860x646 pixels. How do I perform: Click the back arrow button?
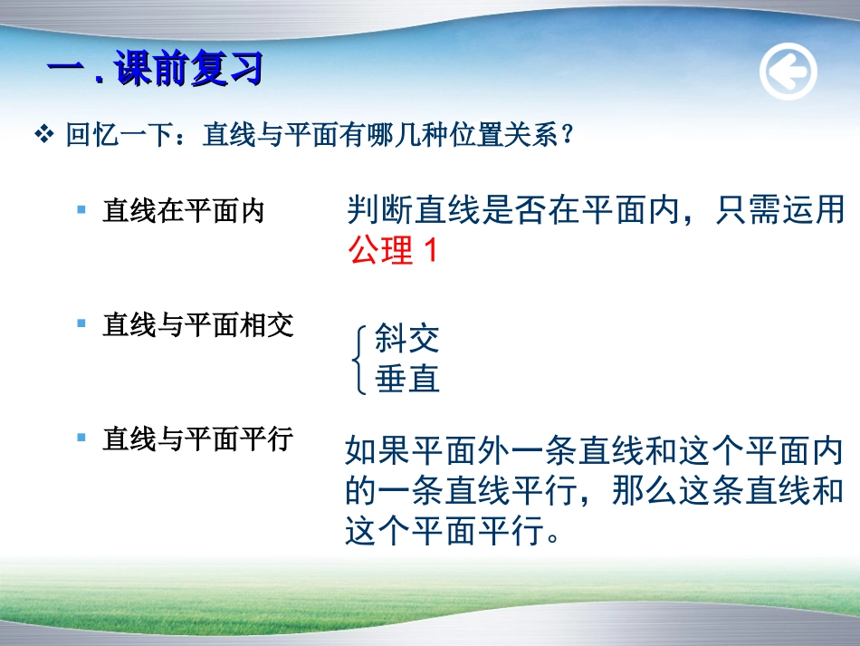pos(788,72)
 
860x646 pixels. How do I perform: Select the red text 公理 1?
pos(392,250)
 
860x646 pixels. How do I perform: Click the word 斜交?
pos(406,339)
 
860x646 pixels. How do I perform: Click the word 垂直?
pos(406,379)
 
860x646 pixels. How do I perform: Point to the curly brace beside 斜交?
pos(359,360)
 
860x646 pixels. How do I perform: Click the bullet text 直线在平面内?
pos(183,211)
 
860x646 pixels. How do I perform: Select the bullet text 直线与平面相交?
pos(198,325)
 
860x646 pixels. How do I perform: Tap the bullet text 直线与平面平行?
pos(198,439)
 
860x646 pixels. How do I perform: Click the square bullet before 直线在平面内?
pos(81,210)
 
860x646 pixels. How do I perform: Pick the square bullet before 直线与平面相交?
pos(81,323)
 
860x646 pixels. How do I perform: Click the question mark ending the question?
pos(568,137)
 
